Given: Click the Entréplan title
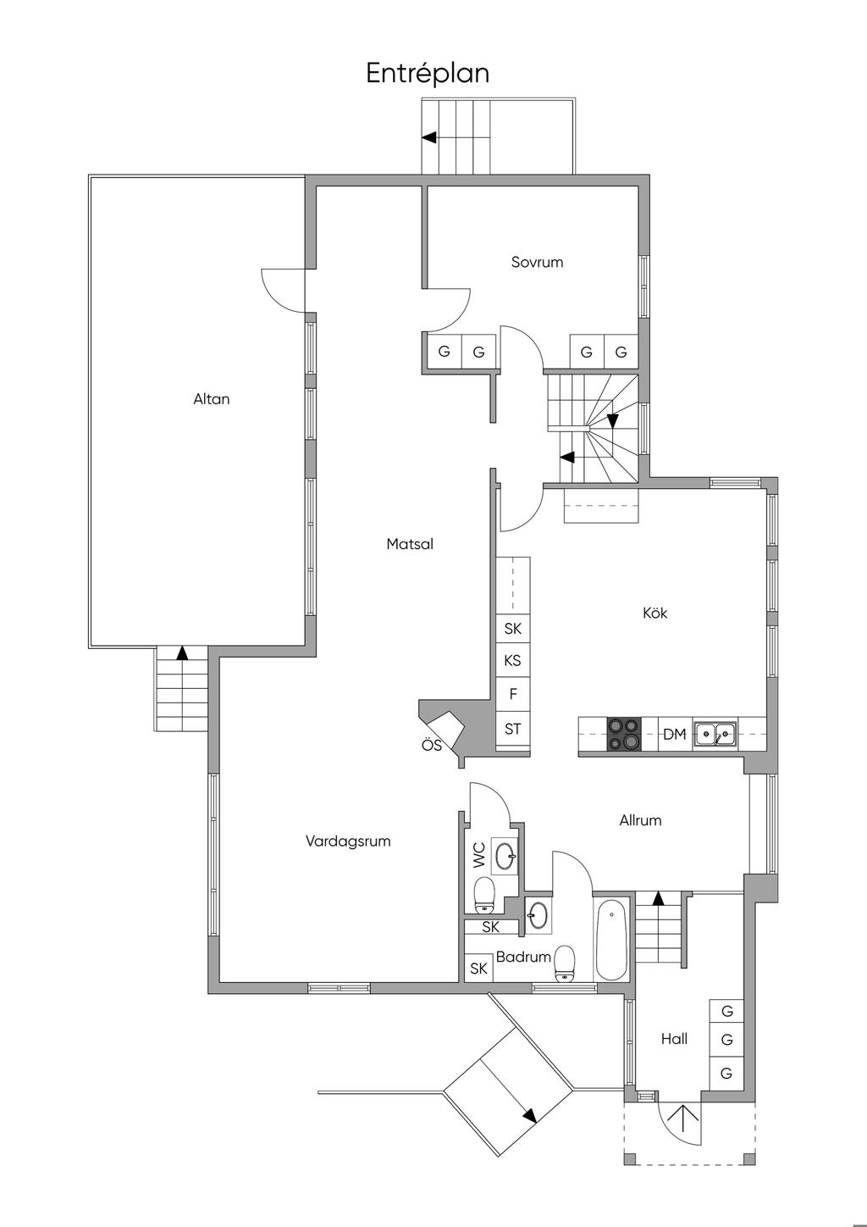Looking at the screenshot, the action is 428,74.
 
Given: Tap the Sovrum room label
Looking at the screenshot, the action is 537,262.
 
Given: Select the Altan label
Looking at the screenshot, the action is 212,399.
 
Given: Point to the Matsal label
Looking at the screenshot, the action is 410,544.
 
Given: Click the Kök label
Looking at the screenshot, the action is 655,613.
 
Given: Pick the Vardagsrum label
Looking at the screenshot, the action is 348,841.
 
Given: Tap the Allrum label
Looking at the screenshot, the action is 640,820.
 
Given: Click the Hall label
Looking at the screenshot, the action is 674,1039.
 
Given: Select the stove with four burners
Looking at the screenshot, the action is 624,734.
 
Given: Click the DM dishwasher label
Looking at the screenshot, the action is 674,734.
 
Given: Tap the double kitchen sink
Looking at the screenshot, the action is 715,734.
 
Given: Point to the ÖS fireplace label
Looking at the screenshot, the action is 431,746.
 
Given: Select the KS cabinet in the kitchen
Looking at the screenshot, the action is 513,661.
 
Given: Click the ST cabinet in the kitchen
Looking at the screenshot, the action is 513,729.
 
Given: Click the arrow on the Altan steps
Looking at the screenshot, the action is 182,652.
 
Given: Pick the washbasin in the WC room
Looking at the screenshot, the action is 505,856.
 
